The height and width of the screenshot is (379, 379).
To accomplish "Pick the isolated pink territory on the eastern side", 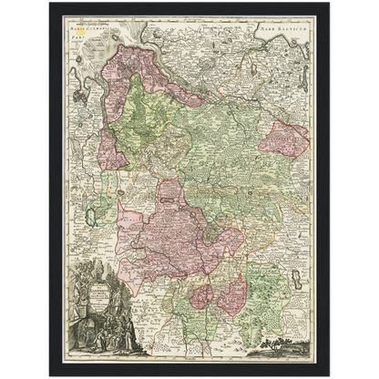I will pyautogui.click(x=285, y=138).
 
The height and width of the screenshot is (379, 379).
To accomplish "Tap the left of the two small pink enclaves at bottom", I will pyautogui.click(x=200, y=296).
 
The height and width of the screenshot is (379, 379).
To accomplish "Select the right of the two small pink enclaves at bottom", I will pyautogui.click(x=231, y=292).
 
